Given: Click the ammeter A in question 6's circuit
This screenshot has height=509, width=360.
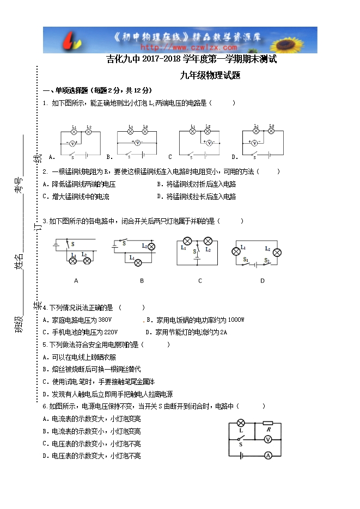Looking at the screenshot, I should [x=267, y=455].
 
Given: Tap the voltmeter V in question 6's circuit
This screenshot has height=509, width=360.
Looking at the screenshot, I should [x=267, y=439].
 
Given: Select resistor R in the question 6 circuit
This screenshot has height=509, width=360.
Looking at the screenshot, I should [x=267, y=423].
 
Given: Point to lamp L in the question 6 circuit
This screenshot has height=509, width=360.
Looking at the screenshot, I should [x=240, y=423].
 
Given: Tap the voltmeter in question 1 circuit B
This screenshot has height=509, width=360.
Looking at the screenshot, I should [x=138, y=143].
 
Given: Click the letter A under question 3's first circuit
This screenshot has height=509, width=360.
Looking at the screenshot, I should [x=76, y=281].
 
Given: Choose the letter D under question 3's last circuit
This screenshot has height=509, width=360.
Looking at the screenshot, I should [x=262, y=281].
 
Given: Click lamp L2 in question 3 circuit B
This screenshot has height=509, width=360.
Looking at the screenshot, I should [x=151, y=247].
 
